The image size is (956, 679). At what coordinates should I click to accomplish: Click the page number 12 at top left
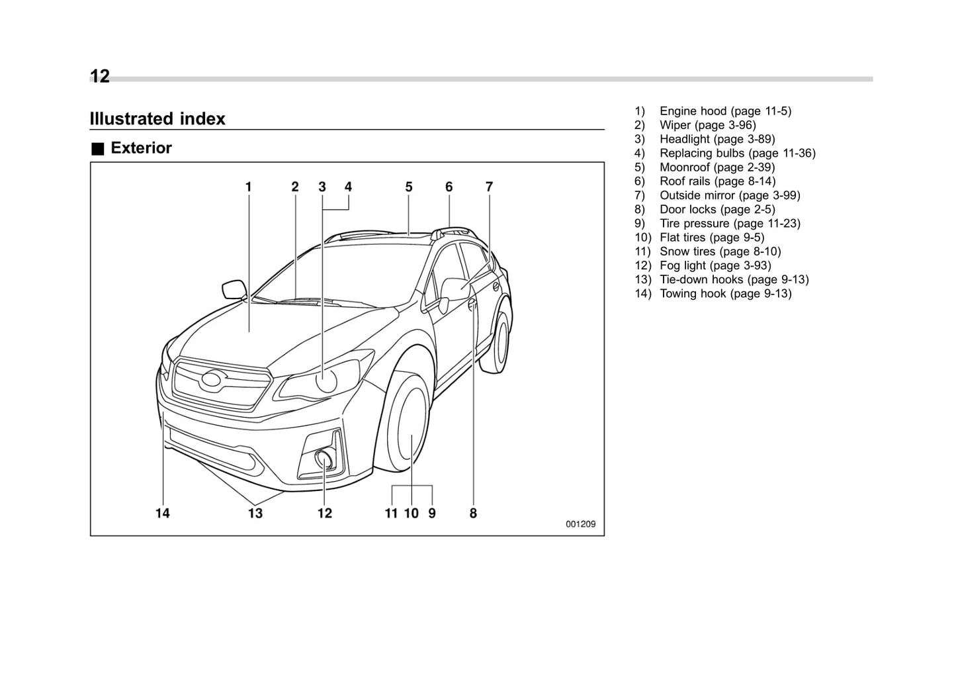(100, 77)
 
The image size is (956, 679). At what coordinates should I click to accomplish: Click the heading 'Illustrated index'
(157, 119)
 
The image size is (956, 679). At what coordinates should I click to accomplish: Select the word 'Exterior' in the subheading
(141, 148)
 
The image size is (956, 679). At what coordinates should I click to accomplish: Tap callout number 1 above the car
(249, 187)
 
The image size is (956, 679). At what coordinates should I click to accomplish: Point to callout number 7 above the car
(489, 187)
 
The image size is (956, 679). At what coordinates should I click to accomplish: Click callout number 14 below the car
(163, 514)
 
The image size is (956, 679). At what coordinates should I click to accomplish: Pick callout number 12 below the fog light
(324, 514)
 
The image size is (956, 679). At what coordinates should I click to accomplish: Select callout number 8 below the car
(473, 514)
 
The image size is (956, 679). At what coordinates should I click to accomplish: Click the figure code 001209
(580, 524)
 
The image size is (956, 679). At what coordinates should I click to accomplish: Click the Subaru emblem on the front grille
(214, 379)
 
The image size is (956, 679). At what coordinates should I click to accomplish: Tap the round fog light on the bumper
(324, 457)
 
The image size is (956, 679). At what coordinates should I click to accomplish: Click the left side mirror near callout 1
(234, 289)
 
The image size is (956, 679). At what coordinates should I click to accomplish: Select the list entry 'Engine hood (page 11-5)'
(724, 111)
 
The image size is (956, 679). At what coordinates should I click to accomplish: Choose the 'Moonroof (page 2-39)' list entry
(717, 167)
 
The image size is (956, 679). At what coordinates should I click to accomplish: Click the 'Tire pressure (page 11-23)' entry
(729, 224)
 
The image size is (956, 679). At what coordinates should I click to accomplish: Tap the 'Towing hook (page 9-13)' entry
(725, 294)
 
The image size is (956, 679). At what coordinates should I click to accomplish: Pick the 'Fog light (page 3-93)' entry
(715, 265)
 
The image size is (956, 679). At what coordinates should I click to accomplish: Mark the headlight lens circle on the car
(326, 381)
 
